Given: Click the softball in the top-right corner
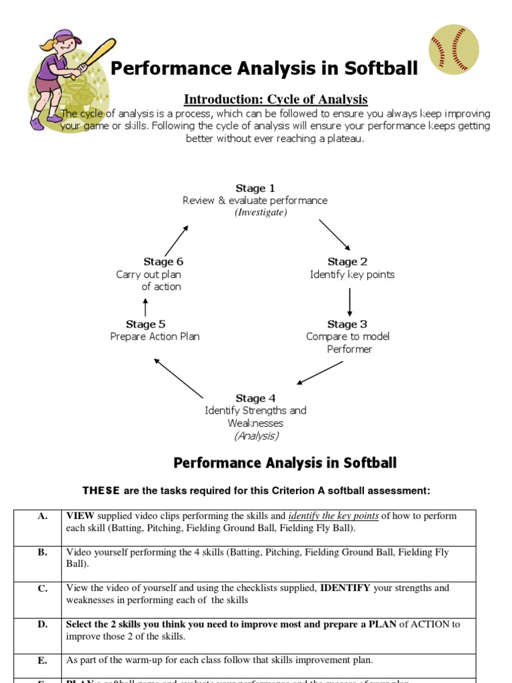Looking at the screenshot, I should (454, 49).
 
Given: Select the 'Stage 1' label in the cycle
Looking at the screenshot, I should (255, 188).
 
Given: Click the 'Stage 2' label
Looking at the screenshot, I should (347, 261).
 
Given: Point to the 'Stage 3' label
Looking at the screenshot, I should (347, 324).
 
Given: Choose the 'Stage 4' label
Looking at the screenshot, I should (255, 398).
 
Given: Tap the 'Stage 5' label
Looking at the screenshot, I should (146, 324).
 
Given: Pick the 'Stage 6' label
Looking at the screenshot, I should (163, 261).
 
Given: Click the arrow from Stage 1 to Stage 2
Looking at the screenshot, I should (334, 234).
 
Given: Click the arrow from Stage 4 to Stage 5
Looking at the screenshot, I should (179, 378).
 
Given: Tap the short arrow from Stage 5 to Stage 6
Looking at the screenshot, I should (145, 307).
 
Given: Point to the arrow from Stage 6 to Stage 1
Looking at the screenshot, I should (177, 241).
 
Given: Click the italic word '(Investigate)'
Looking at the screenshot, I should (261, 212).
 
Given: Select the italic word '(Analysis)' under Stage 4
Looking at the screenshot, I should (256, 436).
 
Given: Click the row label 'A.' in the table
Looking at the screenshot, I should (42, 516).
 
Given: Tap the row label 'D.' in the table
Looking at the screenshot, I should (42, 625).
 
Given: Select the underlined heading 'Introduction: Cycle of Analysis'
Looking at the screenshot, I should (275, 99).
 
